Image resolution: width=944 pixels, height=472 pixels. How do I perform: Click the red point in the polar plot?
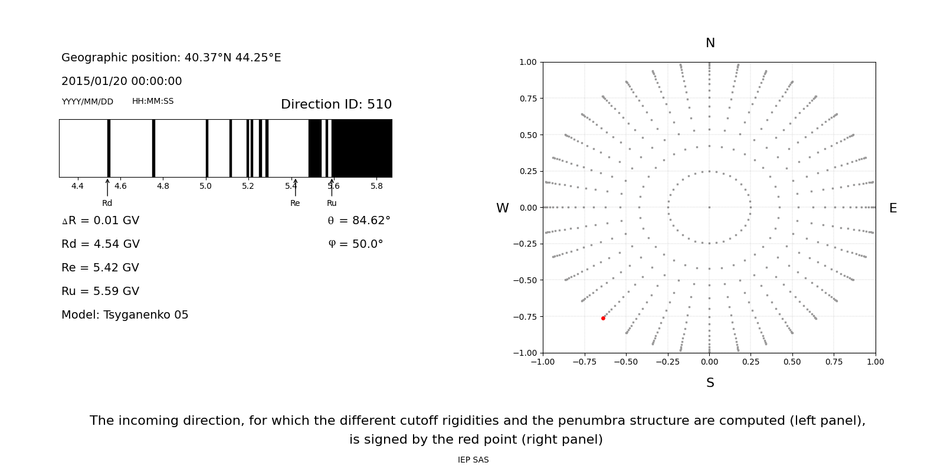pos(603,318)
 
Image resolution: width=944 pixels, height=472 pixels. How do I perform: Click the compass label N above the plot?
pos(710,43)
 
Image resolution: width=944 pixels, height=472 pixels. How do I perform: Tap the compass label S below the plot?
pos(710,383)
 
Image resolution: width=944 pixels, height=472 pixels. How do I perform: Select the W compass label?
pos(502,208)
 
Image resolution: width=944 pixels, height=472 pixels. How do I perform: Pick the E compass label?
pos(893,208)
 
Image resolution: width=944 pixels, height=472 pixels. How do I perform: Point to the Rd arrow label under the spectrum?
pos(107,203)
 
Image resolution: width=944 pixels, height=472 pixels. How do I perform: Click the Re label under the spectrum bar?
pos(295,203)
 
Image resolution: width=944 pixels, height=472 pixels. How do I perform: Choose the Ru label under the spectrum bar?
pos(332,203)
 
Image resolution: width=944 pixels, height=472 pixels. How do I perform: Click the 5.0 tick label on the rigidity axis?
pos(205,186)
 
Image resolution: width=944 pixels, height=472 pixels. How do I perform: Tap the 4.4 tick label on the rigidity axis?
pos(77,186)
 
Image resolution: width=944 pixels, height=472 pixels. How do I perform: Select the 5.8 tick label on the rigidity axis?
pos(376,186)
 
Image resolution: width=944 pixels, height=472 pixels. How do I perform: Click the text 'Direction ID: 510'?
pos(336,104)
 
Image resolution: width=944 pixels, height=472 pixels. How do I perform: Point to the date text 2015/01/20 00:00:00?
pos(122,81)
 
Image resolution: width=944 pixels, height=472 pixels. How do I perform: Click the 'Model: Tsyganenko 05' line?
pos(125,315)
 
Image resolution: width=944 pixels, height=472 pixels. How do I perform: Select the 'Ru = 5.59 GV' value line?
pos(100,291)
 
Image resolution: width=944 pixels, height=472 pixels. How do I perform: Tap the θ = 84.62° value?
pos(359,221)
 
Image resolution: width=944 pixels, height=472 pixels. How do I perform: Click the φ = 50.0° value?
pos(355,244)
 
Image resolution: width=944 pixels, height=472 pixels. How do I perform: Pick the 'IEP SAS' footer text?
pos(473,460)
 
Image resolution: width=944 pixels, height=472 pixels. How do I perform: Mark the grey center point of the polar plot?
pos(709,207)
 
